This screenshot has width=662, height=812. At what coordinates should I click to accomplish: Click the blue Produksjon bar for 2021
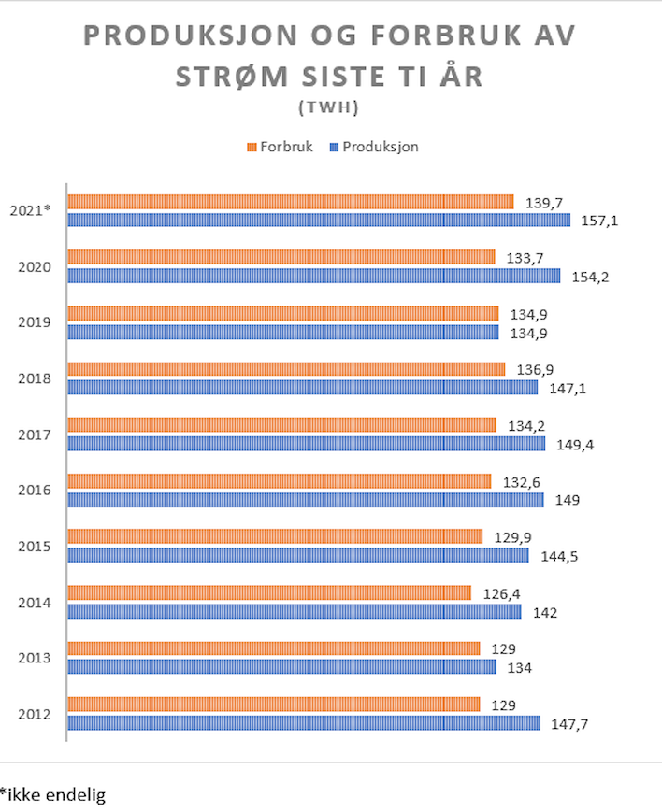[318, 221]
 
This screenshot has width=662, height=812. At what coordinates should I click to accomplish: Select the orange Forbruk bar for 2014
[269, 592]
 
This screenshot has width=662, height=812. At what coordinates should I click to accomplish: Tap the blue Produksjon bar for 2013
[281, 667]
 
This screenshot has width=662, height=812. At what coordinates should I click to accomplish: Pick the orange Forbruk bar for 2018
[286, 369]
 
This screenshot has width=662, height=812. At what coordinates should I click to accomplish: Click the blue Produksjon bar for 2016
[305, 500]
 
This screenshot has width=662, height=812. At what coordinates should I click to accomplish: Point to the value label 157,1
[602, 221]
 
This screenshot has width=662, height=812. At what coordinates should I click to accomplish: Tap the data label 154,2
[592, 277]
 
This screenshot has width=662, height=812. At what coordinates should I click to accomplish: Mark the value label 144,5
[560, 556]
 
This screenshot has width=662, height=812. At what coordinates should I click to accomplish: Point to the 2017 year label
[35, 434]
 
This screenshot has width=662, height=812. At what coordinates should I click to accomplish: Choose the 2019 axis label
[35, 322]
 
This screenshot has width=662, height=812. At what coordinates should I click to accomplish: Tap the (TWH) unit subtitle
[329, 107]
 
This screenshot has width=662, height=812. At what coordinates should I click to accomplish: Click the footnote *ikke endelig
[53, 795]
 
